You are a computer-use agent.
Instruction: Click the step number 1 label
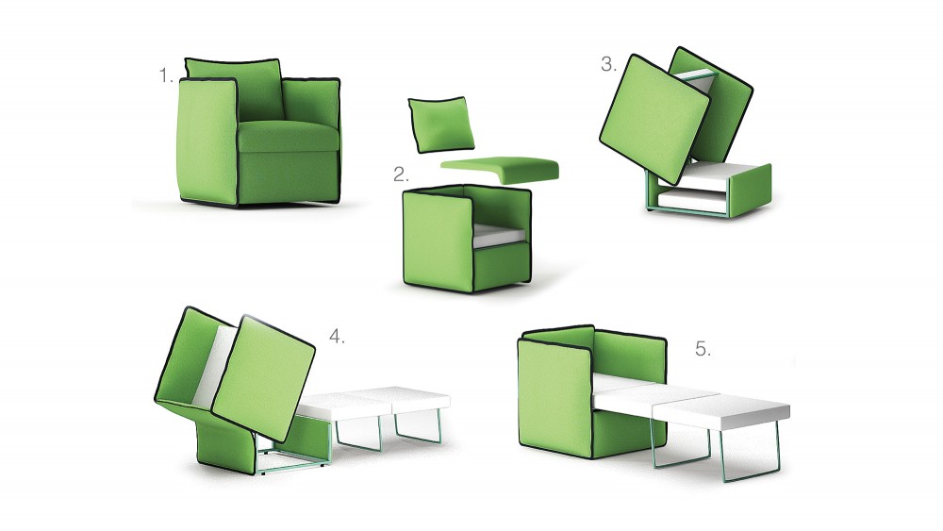(x=166, y=75)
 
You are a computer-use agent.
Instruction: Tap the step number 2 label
(x=401, y=174)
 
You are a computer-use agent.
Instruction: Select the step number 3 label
(x=608, y=64)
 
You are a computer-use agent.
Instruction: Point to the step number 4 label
(x=337, y=337)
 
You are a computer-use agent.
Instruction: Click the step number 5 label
(x=703, y=349)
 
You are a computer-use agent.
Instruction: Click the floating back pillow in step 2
(x=440, y=124)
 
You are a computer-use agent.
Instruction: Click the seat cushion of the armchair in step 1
(x=288, y=137)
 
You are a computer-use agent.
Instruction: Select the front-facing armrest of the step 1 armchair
(x=207, y=141)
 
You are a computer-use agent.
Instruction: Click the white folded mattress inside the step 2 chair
(x=501, y=235)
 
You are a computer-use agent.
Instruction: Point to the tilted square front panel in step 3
(x=655, y=119)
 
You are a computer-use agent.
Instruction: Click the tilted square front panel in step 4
(x=263, y=378)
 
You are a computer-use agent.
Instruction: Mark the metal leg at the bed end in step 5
(x=751, y=450)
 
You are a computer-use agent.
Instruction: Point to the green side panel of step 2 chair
(x=438, y=241)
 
